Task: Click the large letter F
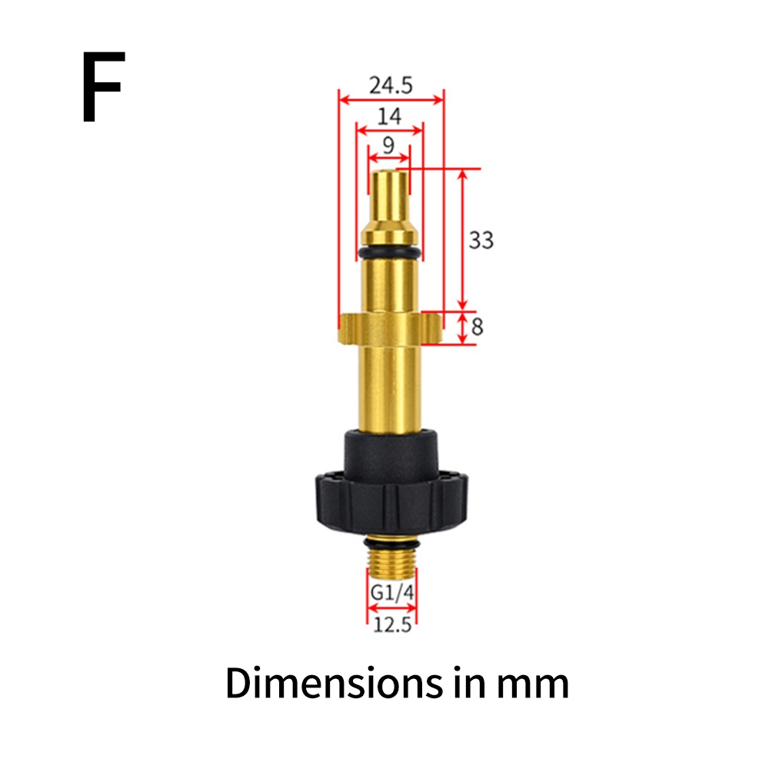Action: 103,87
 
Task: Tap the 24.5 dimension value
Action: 391,85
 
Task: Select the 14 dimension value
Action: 389,116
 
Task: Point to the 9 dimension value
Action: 388,145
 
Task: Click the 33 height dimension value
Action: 481,240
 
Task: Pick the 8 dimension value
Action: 478,327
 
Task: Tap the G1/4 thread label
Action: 392,592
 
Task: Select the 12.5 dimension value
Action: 392,624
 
